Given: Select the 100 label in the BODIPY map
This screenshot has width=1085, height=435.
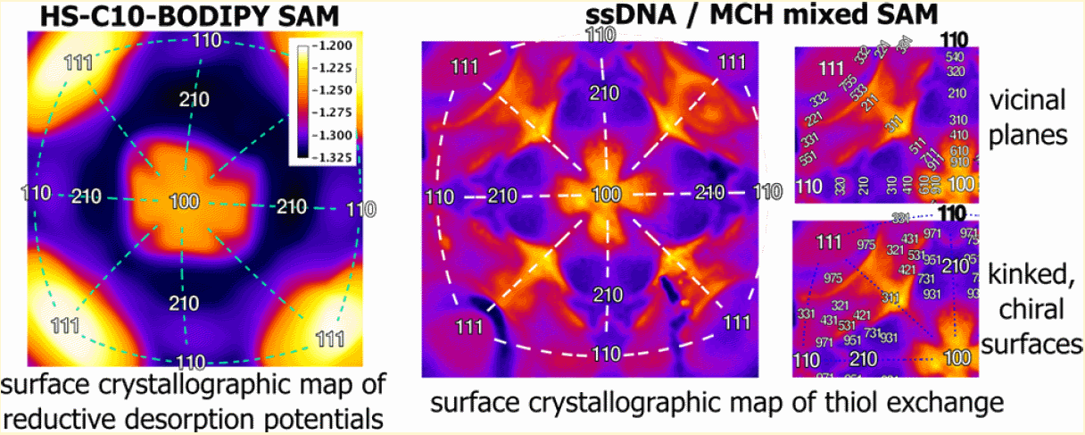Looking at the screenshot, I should tap(184, 202).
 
